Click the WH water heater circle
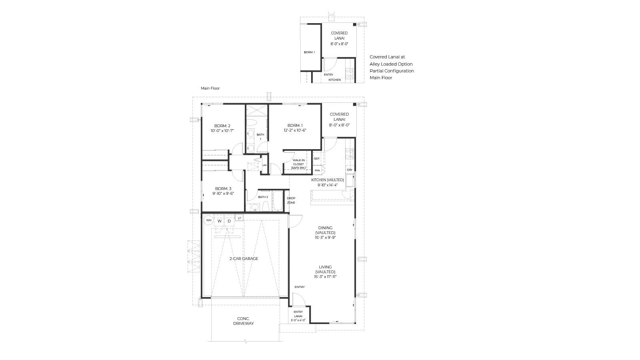click(208, 220)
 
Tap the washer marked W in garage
click(220, 221)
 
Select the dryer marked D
click(229, 221)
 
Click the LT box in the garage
click(240, 218)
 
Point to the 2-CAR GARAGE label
click(244, 258)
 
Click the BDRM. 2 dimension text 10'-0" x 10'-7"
click(222, 131)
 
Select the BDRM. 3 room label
click(223, 188)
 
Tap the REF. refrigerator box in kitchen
click(317, 158)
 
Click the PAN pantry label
click(317, 170)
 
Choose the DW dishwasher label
click(350, 170)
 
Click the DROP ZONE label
click(291, 200)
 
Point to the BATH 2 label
click(263, 197)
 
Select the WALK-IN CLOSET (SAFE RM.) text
click(298, 164)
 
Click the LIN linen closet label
click(264, 166)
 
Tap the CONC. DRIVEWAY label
click(244, 321)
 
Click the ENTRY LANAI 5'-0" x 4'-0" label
click(298, 316)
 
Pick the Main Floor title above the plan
click(210, 88)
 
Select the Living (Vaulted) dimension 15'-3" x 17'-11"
click(325, 276)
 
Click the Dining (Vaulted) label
click(325, 230)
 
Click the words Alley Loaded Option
click(391, 64)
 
